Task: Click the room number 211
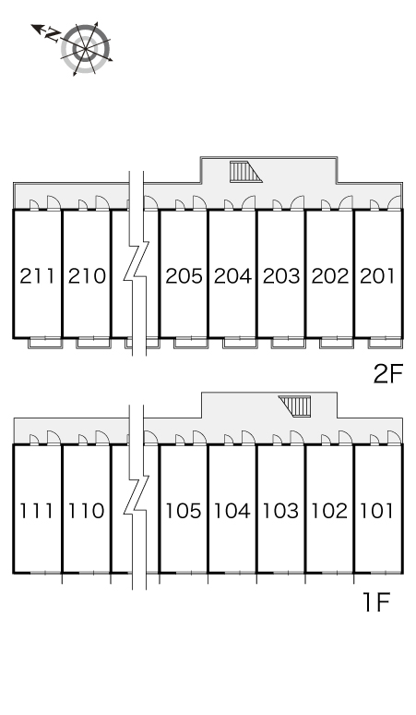coord(37,276)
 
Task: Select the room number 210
coord(87,276)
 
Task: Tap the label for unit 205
coord(184,276)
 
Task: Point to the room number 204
coord(232,276)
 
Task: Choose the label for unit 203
coord(281,276)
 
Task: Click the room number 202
coord(330,276)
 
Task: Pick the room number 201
coord(377,276)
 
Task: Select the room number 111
coord(36,511)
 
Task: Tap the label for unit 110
coord(86,511)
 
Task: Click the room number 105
coord(183,511)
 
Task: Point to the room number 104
coord(232,511)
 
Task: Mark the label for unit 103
coord(280,511)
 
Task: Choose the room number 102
coord(329,511)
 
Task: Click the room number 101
coord(377,511)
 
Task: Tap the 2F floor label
coord(388,374)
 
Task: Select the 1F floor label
coord(376,602)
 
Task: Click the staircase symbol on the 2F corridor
coord(245,172)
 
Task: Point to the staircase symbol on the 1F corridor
coord(295,406)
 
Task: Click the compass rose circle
coord(86,49)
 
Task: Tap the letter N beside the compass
coord(53,35)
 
